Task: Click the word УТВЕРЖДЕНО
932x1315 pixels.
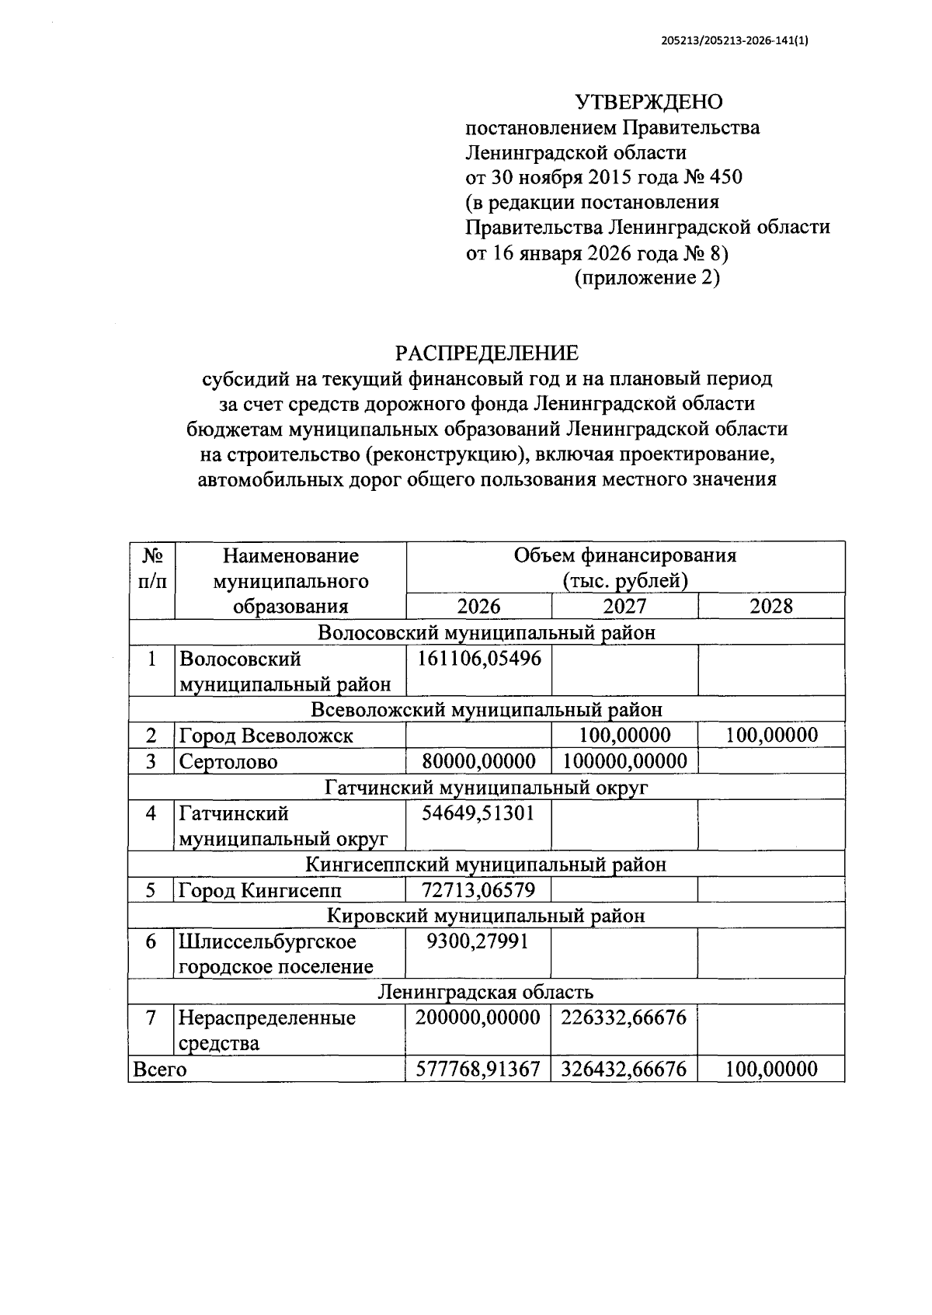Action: point(649,102)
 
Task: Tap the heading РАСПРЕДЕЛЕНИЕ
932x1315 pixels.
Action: point(487,353)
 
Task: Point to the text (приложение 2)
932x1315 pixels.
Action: point(647,277)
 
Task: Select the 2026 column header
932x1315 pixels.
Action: point(478,607)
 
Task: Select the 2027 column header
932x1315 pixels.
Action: point(624,607)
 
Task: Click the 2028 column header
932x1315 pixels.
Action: point(770,607)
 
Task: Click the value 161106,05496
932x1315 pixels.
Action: point(479,659)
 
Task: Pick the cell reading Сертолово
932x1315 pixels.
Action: point(228,761)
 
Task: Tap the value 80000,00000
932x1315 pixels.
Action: point(478,761)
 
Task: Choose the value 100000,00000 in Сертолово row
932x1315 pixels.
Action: point(624,761)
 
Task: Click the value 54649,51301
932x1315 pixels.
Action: point(478,813)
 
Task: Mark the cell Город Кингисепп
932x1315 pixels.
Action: point(260,890)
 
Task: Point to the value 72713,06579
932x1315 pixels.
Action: point(478,890)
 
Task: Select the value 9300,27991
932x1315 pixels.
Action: point(478,941)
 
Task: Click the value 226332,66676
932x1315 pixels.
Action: point(624,1018)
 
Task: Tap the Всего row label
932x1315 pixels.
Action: point(160,1070)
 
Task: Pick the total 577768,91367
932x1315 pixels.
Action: point(478,1070)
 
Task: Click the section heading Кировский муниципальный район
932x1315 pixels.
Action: point(486,916)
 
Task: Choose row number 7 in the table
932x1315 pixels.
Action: point(152,1018)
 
